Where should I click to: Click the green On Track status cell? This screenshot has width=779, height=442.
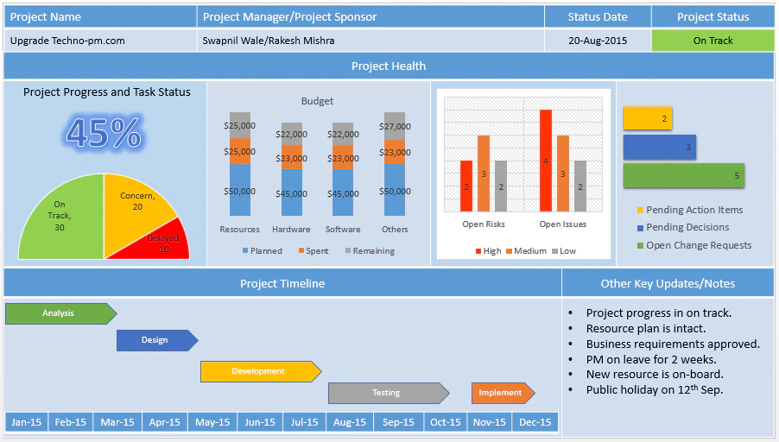[x=712, y=41]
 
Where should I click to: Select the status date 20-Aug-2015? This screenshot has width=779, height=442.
[x=598, y=41]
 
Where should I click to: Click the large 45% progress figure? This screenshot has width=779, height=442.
[x=103, y=133]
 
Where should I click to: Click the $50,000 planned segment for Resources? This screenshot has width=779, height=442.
[x=239, y=192]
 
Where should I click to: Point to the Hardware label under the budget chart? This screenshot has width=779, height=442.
[x=291, y=230]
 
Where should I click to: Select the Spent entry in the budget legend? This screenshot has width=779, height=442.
[x=312, y=251]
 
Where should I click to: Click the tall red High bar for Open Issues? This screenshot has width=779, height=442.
[x=546, y=161]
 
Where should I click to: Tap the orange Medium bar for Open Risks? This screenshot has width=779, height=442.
[x=484, y=174]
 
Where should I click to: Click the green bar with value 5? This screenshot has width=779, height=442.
[x=683, y=176]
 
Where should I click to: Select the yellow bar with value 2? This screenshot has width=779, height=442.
[x=647, y=119]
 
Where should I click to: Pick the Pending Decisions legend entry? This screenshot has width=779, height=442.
[x=687, y=227]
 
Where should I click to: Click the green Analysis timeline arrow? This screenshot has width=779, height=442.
[x=60, y=313]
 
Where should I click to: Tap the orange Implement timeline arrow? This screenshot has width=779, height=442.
[x=502, y=393]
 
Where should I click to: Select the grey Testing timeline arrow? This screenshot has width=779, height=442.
[x=387, y=393]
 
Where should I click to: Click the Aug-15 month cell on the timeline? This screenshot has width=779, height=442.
[x=350, y=422]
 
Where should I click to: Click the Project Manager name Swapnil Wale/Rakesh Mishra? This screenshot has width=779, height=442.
[x=268, y=41]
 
